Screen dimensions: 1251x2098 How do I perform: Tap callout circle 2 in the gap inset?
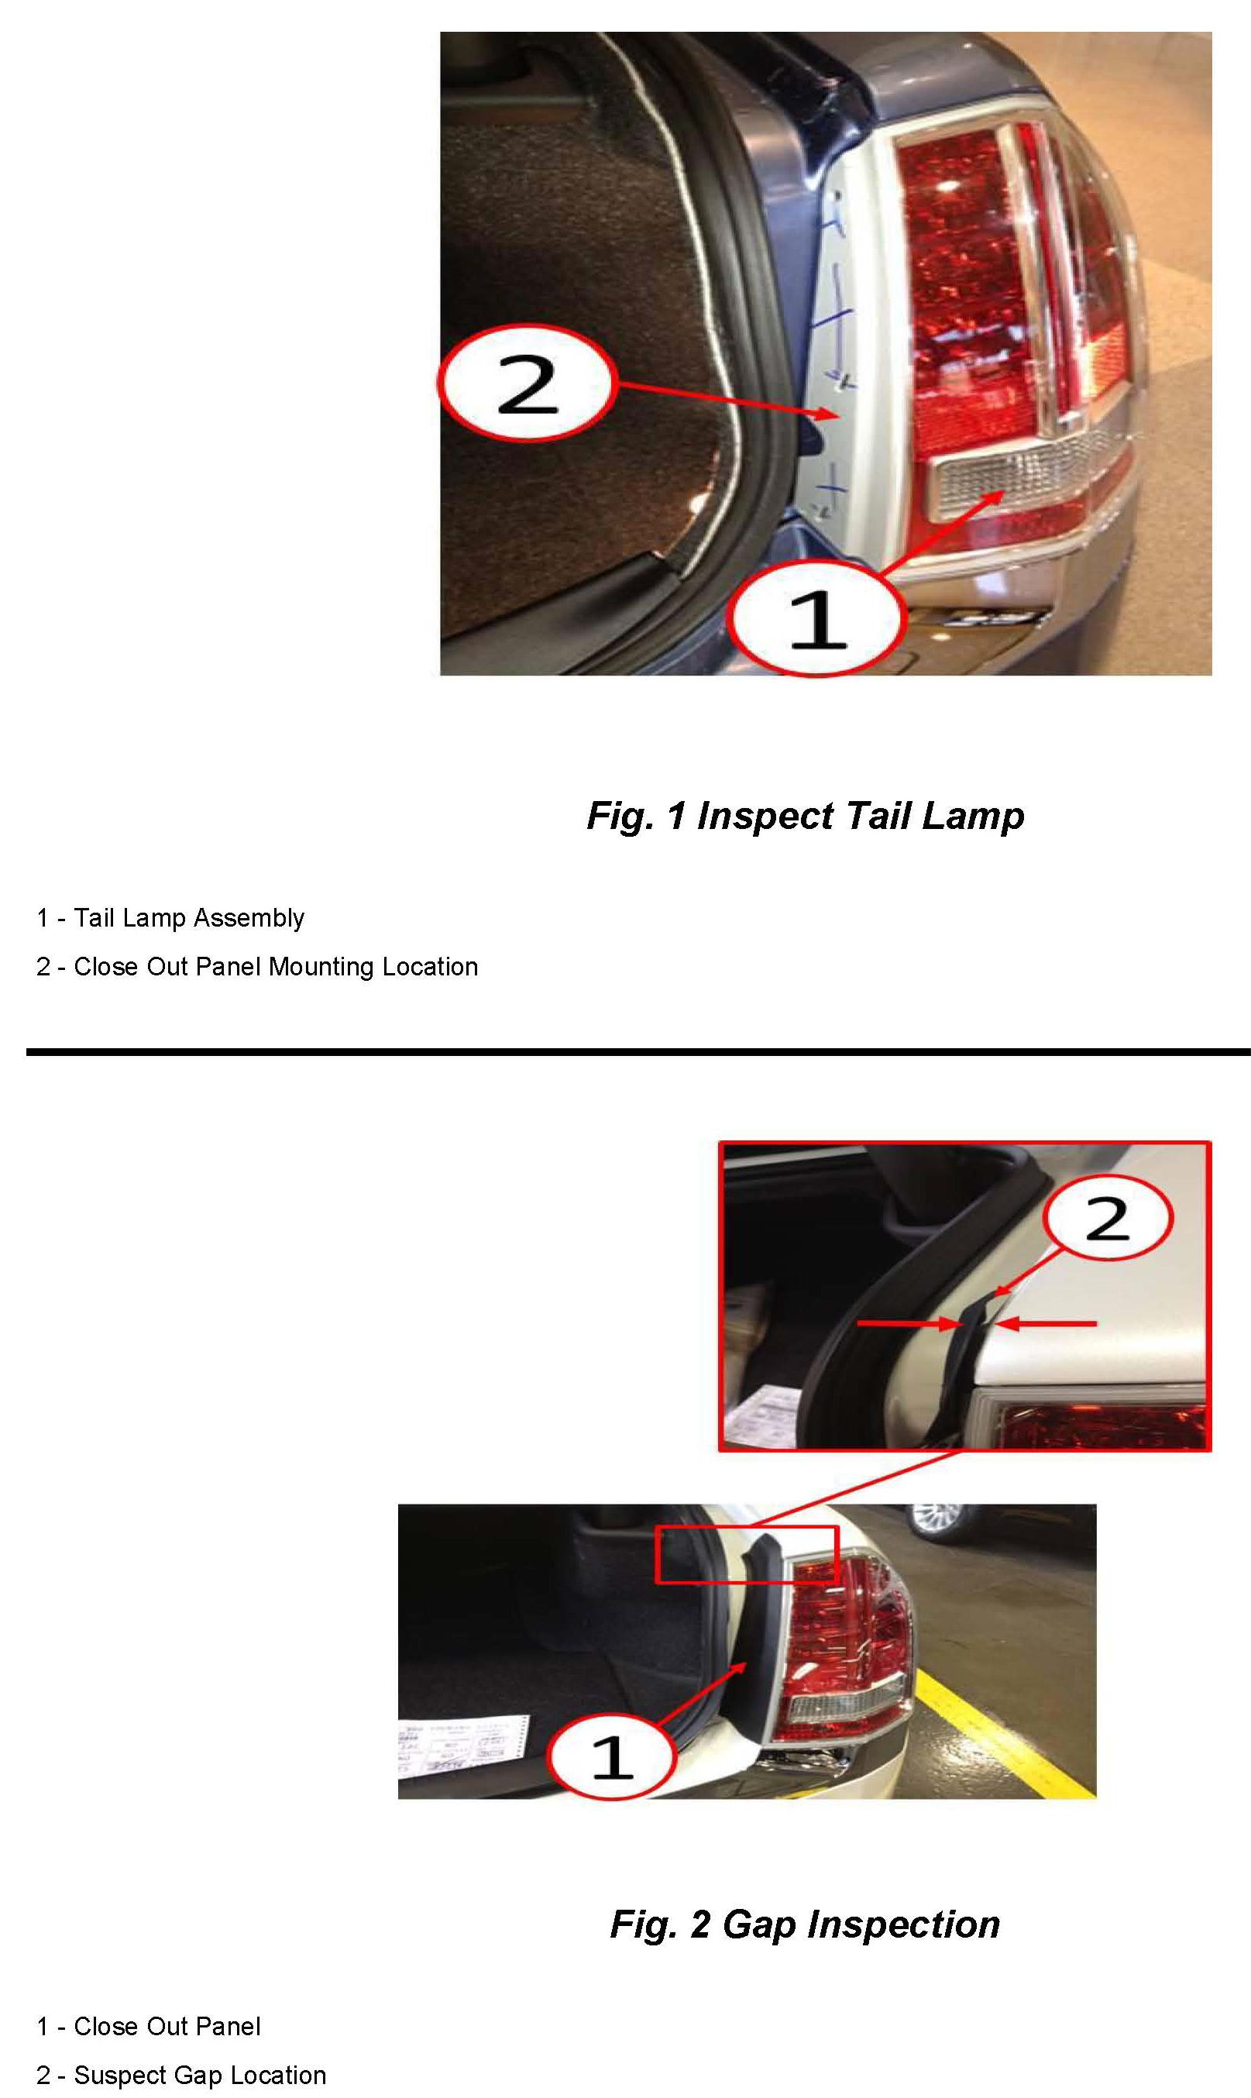pos(1107,1217)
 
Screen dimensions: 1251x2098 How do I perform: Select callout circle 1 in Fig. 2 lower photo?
pos(612,1756)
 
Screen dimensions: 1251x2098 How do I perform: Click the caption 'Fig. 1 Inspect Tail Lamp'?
pos(805,816)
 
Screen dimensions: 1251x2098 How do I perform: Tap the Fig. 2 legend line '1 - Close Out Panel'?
pos(149,2027)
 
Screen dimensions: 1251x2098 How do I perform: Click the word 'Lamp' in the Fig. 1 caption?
pos(973,817)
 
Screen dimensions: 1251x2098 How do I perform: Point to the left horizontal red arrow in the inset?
pos(910,1324)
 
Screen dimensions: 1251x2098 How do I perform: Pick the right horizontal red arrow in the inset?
pos(1045,1324)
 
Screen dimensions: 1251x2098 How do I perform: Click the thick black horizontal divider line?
pos(638,1052)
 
